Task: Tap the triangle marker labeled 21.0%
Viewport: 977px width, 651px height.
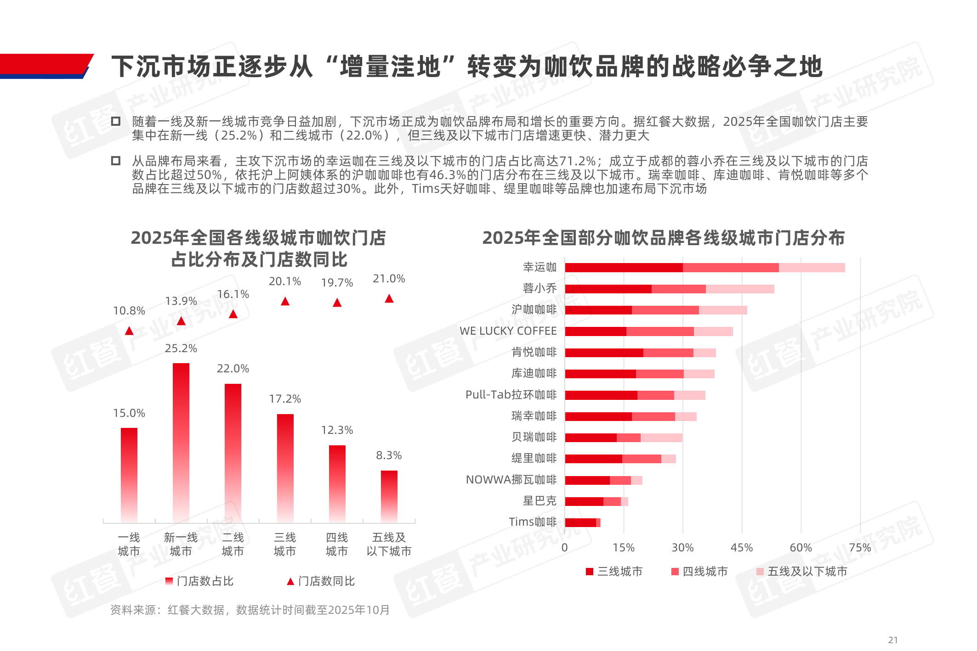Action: [389, 299]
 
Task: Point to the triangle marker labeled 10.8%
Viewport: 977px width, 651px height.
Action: [129, 331]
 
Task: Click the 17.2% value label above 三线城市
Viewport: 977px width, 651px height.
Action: [285, 399]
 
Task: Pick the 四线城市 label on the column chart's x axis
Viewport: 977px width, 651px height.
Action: [337, 544]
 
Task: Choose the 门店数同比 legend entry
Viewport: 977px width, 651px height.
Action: [322, 581]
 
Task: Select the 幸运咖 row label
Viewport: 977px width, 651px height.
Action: [540, 267]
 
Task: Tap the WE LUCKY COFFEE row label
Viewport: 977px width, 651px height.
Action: [508, 331]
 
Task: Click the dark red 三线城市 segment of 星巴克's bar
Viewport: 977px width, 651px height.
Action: [584, 501]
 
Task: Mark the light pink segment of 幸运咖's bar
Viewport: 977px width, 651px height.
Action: [812, 268]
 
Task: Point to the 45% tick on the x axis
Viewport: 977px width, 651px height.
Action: [742, 548]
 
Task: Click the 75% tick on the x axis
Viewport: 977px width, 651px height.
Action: [860, 548]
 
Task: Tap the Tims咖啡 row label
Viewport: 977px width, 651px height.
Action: [533, 522]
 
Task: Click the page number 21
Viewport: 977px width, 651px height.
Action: [893, 640]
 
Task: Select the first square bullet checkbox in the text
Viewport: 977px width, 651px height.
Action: [116, 121]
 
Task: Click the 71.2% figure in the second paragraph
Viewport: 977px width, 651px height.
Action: [577, 161]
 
